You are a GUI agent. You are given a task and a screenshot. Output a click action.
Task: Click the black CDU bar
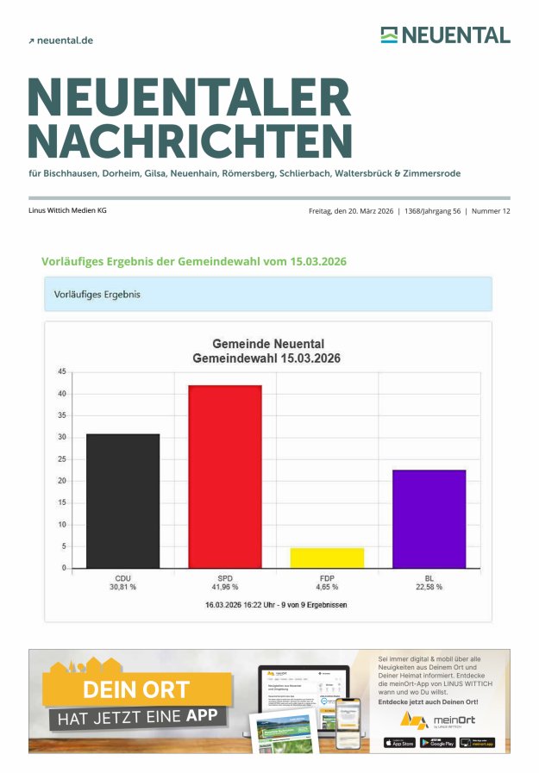pos(122,501)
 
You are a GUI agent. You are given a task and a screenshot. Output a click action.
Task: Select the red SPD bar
pos(224,477)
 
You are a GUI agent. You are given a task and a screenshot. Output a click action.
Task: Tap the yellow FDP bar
pos(327,558)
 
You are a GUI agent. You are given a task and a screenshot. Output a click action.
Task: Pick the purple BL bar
pos(429,519)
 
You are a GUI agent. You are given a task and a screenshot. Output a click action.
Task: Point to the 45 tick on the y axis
pos(62,372)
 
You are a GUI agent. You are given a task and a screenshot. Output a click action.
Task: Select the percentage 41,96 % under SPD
pos(224,587)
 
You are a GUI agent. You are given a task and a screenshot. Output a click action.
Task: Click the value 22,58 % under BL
pos(429,587)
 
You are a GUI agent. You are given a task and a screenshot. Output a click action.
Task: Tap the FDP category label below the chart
pos(327,577)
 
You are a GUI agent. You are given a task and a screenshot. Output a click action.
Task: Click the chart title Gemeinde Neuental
pos(267,344)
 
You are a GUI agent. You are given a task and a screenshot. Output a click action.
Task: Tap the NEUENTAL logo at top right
pos(445,35)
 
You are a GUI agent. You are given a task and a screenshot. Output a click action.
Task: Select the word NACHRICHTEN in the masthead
pos(190,141)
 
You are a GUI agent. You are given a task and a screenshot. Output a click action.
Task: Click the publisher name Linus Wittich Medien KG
pos(67,210)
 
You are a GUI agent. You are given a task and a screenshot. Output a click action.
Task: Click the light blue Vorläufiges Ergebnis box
pos(267,294)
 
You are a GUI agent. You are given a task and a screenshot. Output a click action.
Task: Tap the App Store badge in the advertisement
pos(398,742)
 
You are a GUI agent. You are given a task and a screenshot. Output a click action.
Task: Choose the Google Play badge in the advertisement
pos(437,742)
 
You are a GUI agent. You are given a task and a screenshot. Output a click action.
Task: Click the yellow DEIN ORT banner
pos(136,690)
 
